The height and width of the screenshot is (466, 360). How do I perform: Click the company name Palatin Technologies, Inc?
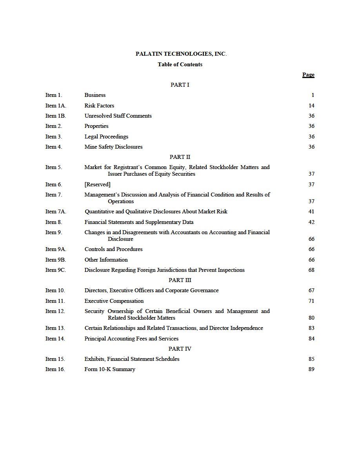point(181,54)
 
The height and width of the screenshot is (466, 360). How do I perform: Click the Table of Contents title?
point(180,64)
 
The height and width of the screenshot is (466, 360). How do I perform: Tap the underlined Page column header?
point(308,75)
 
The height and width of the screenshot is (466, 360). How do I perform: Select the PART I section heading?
point(180,85)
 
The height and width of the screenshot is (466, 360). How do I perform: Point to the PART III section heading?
point(180,280)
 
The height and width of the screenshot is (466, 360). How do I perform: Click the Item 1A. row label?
point(56,106)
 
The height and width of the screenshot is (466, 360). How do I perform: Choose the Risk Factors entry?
point(99,106)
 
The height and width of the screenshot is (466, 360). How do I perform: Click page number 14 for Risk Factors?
point(311,106)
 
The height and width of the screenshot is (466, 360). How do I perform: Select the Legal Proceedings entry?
point(106,137)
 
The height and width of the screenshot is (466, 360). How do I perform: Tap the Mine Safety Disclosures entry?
point(113,147)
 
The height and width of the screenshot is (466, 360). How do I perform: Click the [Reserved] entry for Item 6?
point(97,184)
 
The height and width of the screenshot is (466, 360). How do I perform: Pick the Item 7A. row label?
point(56,211)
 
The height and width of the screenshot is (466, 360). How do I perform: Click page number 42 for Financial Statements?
point(311,222)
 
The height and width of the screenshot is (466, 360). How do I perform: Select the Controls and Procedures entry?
point(113,249)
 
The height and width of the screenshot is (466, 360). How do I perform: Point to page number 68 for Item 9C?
point(311,270)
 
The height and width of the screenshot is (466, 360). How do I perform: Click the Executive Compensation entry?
point(114,301)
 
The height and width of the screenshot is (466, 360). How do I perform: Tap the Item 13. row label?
point(55,328)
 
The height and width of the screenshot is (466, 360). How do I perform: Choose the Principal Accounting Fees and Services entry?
point(131,339)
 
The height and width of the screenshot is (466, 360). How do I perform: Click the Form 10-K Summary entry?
point(110,369)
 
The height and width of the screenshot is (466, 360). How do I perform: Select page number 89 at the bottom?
point(311,369)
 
